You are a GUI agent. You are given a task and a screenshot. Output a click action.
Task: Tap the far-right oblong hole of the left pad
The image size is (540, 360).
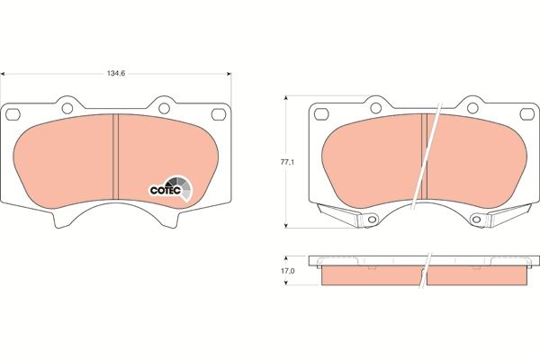(219, 113)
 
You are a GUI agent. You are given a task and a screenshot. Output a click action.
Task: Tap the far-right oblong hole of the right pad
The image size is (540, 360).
(526, 113)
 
